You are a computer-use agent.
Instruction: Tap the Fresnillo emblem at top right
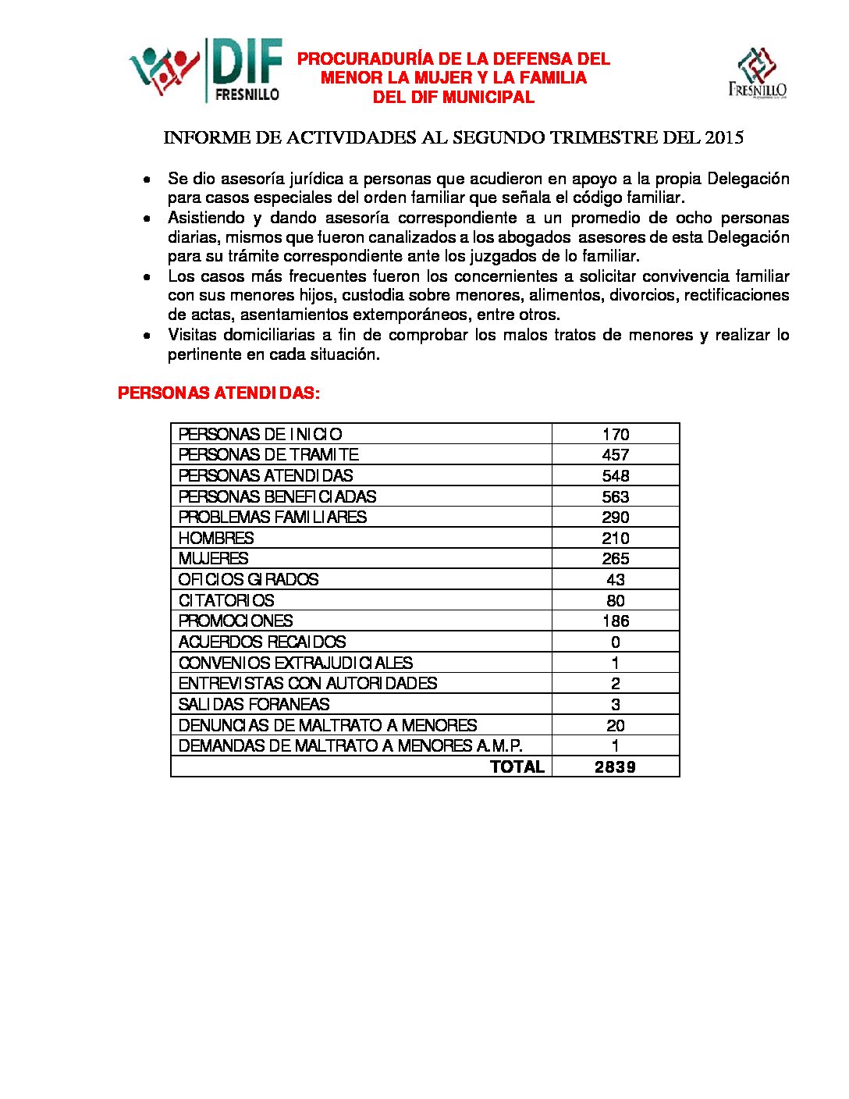(757, 73)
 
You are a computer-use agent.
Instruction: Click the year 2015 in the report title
(723, 138)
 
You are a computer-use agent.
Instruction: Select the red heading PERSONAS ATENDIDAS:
(218, 393)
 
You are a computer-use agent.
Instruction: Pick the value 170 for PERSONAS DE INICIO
(616, 434)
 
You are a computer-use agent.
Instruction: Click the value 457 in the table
(616, 455)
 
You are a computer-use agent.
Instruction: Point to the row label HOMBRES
(216, 538)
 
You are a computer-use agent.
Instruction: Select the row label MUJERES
(213, 559)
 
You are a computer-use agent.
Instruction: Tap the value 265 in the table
(616, 559)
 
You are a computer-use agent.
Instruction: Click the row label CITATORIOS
(226, 600)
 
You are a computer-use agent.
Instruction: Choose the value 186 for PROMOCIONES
(616, 621)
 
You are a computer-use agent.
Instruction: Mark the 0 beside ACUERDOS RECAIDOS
(616, 642)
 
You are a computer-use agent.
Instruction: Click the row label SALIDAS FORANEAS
(254, 704)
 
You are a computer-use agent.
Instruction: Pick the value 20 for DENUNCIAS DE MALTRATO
(616, 725)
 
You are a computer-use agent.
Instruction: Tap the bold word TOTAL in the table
(517, 766)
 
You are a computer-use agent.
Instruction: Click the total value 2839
(615, 766)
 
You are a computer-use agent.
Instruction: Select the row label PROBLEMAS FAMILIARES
(272, 517)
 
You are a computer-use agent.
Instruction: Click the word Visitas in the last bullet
(192, 335)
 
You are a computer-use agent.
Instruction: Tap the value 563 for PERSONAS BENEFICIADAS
(616, 496)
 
